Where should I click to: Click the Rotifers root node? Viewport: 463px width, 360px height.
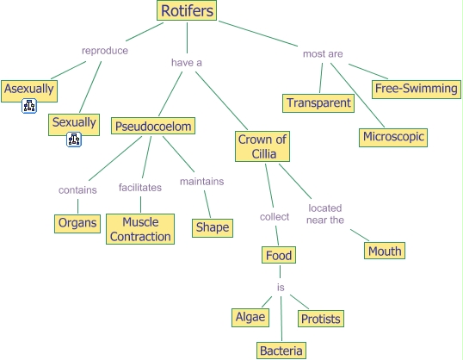tap(186, 10)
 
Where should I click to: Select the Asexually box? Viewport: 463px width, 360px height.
tap(28, 89)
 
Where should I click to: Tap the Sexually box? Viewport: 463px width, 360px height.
tap(74, 123)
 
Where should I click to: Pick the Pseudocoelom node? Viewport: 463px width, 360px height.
tap(152, 127)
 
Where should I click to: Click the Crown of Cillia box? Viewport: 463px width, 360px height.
tap(263, 146)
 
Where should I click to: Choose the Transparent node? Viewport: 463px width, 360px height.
tap(318, 103)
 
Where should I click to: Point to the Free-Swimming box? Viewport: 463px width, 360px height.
tap(415, 88)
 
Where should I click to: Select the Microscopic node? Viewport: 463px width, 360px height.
tap(393, 137)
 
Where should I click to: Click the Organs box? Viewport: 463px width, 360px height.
tap(77, 223)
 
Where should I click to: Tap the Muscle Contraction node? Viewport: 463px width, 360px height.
tap(140, 229)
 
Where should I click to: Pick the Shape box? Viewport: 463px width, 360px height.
tap(212, 227)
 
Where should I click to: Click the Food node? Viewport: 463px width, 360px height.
tap(279, 256)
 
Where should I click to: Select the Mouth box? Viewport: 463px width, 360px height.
tap(384, 251)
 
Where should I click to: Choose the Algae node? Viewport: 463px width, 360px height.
tap(250, 317)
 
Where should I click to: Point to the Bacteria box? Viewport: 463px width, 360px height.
tap(281, 351)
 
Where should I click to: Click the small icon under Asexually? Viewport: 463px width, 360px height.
tap(29, 107)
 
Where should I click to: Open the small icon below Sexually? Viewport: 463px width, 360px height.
tap(74, 140)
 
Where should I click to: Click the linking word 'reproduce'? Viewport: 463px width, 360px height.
tap(104, 50)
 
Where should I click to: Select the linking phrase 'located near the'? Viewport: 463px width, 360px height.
tap(326, 214)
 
